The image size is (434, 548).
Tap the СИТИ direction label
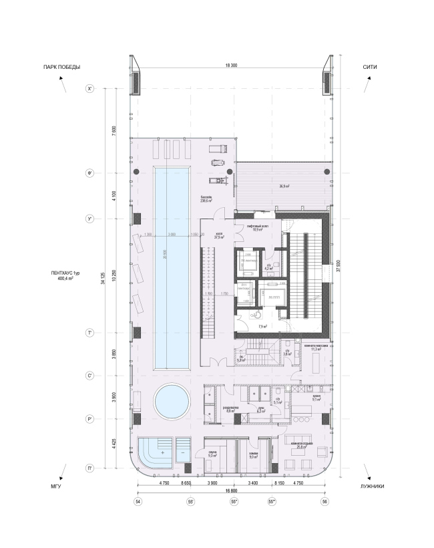coord(372,67)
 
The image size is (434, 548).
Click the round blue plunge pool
coord(172,402)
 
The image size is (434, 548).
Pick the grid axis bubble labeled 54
coord(138,501)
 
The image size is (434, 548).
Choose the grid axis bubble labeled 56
coord(325,501)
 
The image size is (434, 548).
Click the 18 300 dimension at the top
coord(232,65)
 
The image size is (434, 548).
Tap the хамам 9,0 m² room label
coord(253,456)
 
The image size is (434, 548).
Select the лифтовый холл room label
coord(258,228)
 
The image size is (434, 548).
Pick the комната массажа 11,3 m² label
coord(313,348)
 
